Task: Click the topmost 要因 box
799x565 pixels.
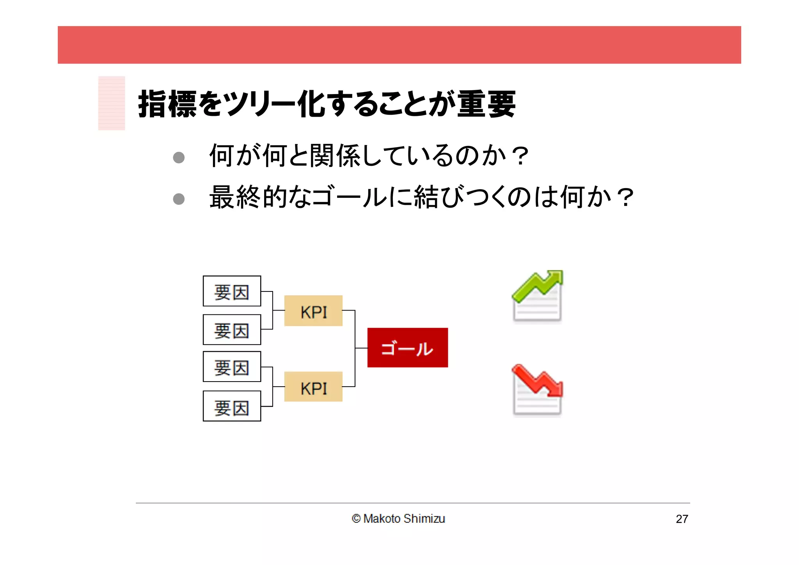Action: (232, 291)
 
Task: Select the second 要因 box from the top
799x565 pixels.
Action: (232, 330)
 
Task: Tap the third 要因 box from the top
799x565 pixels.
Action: (232, 367)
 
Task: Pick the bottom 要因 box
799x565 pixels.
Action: (232, 406)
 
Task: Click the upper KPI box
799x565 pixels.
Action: (313, 311)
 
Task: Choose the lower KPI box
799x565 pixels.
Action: (313, 387)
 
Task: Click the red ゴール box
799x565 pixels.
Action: (407, 348)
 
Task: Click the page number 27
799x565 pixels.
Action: (682, 519)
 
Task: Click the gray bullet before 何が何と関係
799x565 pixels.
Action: (179, 158)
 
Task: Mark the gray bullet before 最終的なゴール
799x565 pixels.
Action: (179, 199)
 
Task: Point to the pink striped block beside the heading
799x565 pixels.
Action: (112, 103)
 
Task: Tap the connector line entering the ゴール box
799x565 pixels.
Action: (361, 348)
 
